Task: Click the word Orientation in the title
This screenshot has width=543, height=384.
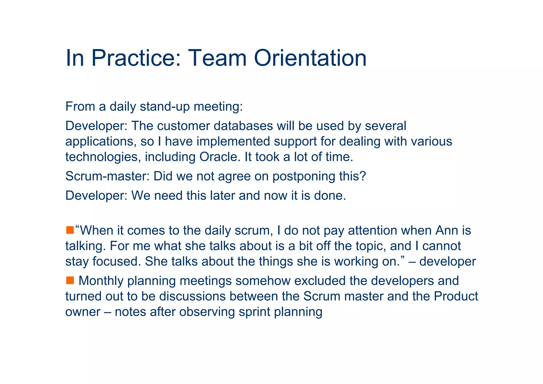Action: [x=310, y=58]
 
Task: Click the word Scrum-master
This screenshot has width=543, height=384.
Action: [x=107, y=176]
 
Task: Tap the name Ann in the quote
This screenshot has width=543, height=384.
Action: [x=446, y=230]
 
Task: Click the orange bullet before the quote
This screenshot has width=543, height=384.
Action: [x=70, y=230]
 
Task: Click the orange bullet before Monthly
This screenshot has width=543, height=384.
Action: [x=70, y=280]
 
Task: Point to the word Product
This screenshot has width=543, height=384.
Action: [x=456, y=296]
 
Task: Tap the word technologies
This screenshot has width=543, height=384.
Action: [x=103, y=157]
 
